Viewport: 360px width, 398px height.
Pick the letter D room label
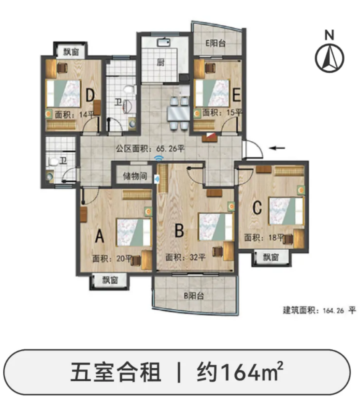click(x=90, y=95)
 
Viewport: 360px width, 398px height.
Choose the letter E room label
click(x=236, y=95)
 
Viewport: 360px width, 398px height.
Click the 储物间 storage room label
click(x=134, y=176)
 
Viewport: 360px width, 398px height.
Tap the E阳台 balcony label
click(x=216, y=43)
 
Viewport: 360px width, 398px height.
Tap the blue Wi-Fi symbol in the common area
click(x=158, y=157)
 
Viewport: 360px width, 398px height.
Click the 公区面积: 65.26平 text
click(x=150, y=148)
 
